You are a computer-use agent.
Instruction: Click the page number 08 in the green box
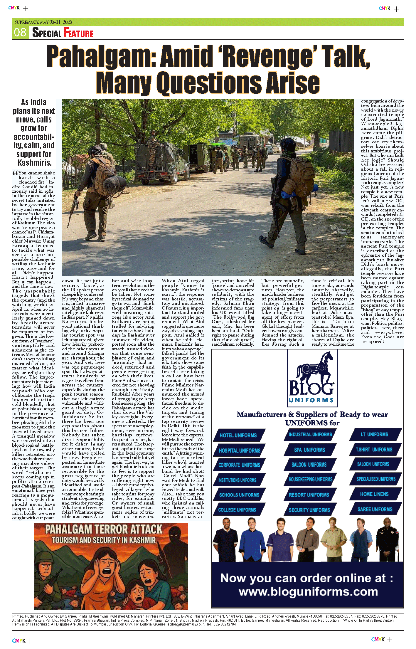tap(20, 32)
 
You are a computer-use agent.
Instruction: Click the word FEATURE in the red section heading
tap(78, 33)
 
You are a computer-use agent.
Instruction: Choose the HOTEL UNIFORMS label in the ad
tap(238, 436)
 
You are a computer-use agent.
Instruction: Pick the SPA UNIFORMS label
tap(309, 450)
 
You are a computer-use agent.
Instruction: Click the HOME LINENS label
tap(374, 494)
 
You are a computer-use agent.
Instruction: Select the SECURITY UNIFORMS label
tap(309, 510)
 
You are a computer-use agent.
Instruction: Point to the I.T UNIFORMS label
tap(374, 434)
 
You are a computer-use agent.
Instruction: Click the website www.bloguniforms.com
tap(308, 592)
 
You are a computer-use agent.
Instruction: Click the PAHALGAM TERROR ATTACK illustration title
tap(104, 529)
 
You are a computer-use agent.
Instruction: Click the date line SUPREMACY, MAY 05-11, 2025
tap(43, 22)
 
